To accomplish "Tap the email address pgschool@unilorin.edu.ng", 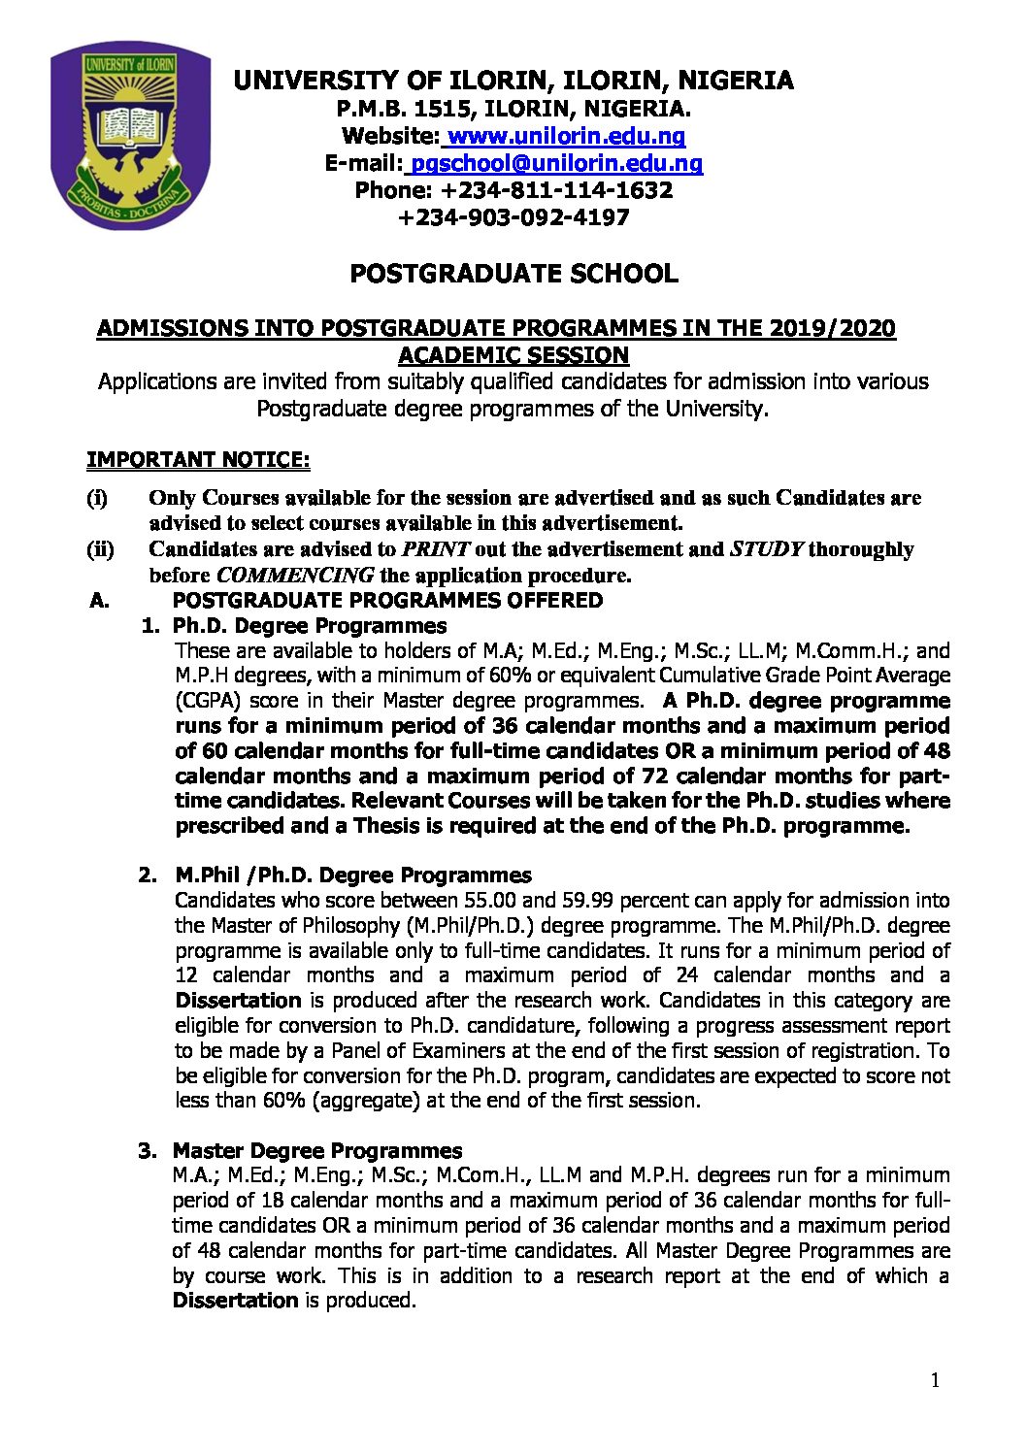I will point(556,163).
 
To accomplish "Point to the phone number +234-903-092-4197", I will point(513,217).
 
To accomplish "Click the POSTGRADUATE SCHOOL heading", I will point(513,274).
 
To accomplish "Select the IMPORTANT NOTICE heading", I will point(198,459).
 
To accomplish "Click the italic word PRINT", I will point(436,549).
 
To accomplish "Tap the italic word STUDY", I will point(766,549).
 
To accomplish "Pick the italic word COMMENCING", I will point(295,575).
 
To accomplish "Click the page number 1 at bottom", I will point(935,1381).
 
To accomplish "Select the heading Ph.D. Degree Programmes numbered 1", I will point(310,626).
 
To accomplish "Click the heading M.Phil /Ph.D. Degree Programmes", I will point(352,875).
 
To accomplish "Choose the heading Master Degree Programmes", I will point(317,1151).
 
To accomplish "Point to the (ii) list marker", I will point(100,549).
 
